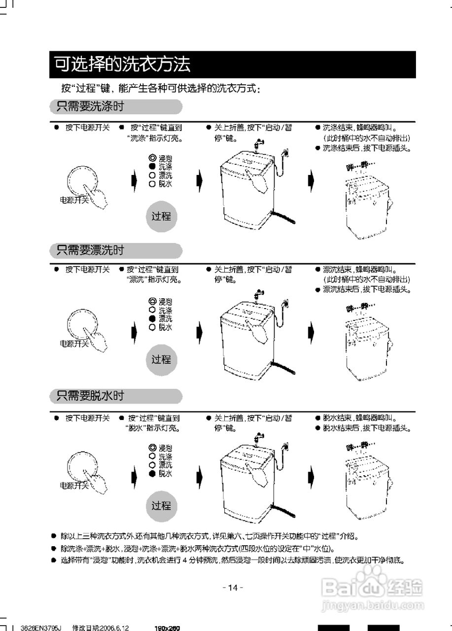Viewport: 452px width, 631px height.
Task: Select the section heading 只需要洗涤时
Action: (x=90, y=106)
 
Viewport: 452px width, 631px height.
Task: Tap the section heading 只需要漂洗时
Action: (x=90, y=250)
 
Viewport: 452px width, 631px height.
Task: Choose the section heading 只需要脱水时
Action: (x=90, y=395)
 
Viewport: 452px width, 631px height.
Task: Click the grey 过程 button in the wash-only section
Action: (x=161, y=216)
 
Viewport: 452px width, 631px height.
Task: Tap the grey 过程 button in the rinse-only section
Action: (x=161, y=359)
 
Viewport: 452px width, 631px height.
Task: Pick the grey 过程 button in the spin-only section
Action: (x=161, y=505)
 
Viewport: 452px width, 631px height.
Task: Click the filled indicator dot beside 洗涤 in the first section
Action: (x=152, y=167)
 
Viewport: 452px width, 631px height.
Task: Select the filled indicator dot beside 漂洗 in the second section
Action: (x=152, y=318)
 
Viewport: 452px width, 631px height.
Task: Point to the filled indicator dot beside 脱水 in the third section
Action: (x=152, y=473)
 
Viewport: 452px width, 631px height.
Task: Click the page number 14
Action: (x=233, y=588)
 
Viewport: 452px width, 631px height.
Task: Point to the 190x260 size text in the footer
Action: (x=167, y=628)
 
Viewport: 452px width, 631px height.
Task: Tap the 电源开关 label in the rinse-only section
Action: (x=74, y=344)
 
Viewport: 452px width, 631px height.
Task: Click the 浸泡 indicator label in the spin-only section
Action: (x=165, y=448)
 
